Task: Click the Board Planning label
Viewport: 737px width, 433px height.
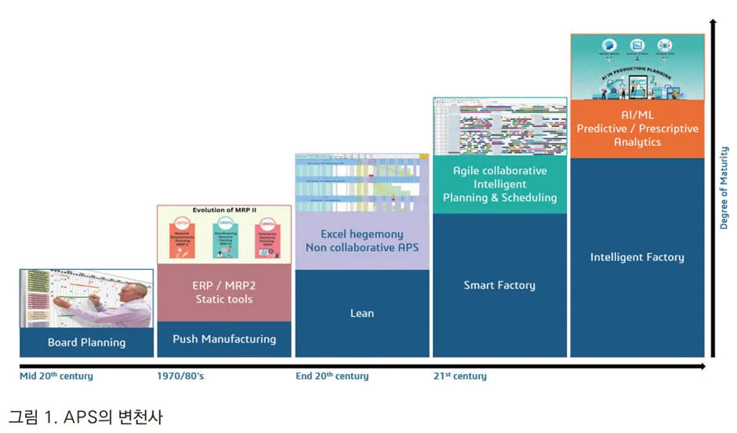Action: click(86, 342)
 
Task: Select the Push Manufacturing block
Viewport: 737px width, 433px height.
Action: click(224, 339)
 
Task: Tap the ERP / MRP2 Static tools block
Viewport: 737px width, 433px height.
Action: click(224, 293)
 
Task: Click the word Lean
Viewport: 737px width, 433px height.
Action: click(361, 313)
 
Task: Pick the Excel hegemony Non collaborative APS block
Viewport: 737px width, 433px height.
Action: click(361, 241)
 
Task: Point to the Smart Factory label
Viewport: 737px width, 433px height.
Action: click(499, 285)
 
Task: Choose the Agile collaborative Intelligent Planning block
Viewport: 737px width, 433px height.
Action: click(499, 184)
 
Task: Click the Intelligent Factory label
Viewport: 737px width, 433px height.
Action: click(637, 257)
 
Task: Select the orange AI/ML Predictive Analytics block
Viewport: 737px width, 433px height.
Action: click(637, 129)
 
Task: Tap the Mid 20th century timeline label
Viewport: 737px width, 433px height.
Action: click(56, 377)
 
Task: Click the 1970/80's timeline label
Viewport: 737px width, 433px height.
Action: click(180, 377)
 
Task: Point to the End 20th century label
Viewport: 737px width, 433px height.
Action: click(332, 377)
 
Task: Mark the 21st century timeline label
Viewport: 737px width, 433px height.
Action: click(460, 377)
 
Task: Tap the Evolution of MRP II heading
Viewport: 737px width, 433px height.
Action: click(224, 211)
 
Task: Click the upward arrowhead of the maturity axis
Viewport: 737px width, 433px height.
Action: click(713, 24)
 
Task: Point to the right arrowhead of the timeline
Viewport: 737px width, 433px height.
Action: click(702, 366)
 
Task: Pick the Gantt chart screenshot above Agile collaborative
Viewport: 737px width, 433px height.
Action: click(499, 127)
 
